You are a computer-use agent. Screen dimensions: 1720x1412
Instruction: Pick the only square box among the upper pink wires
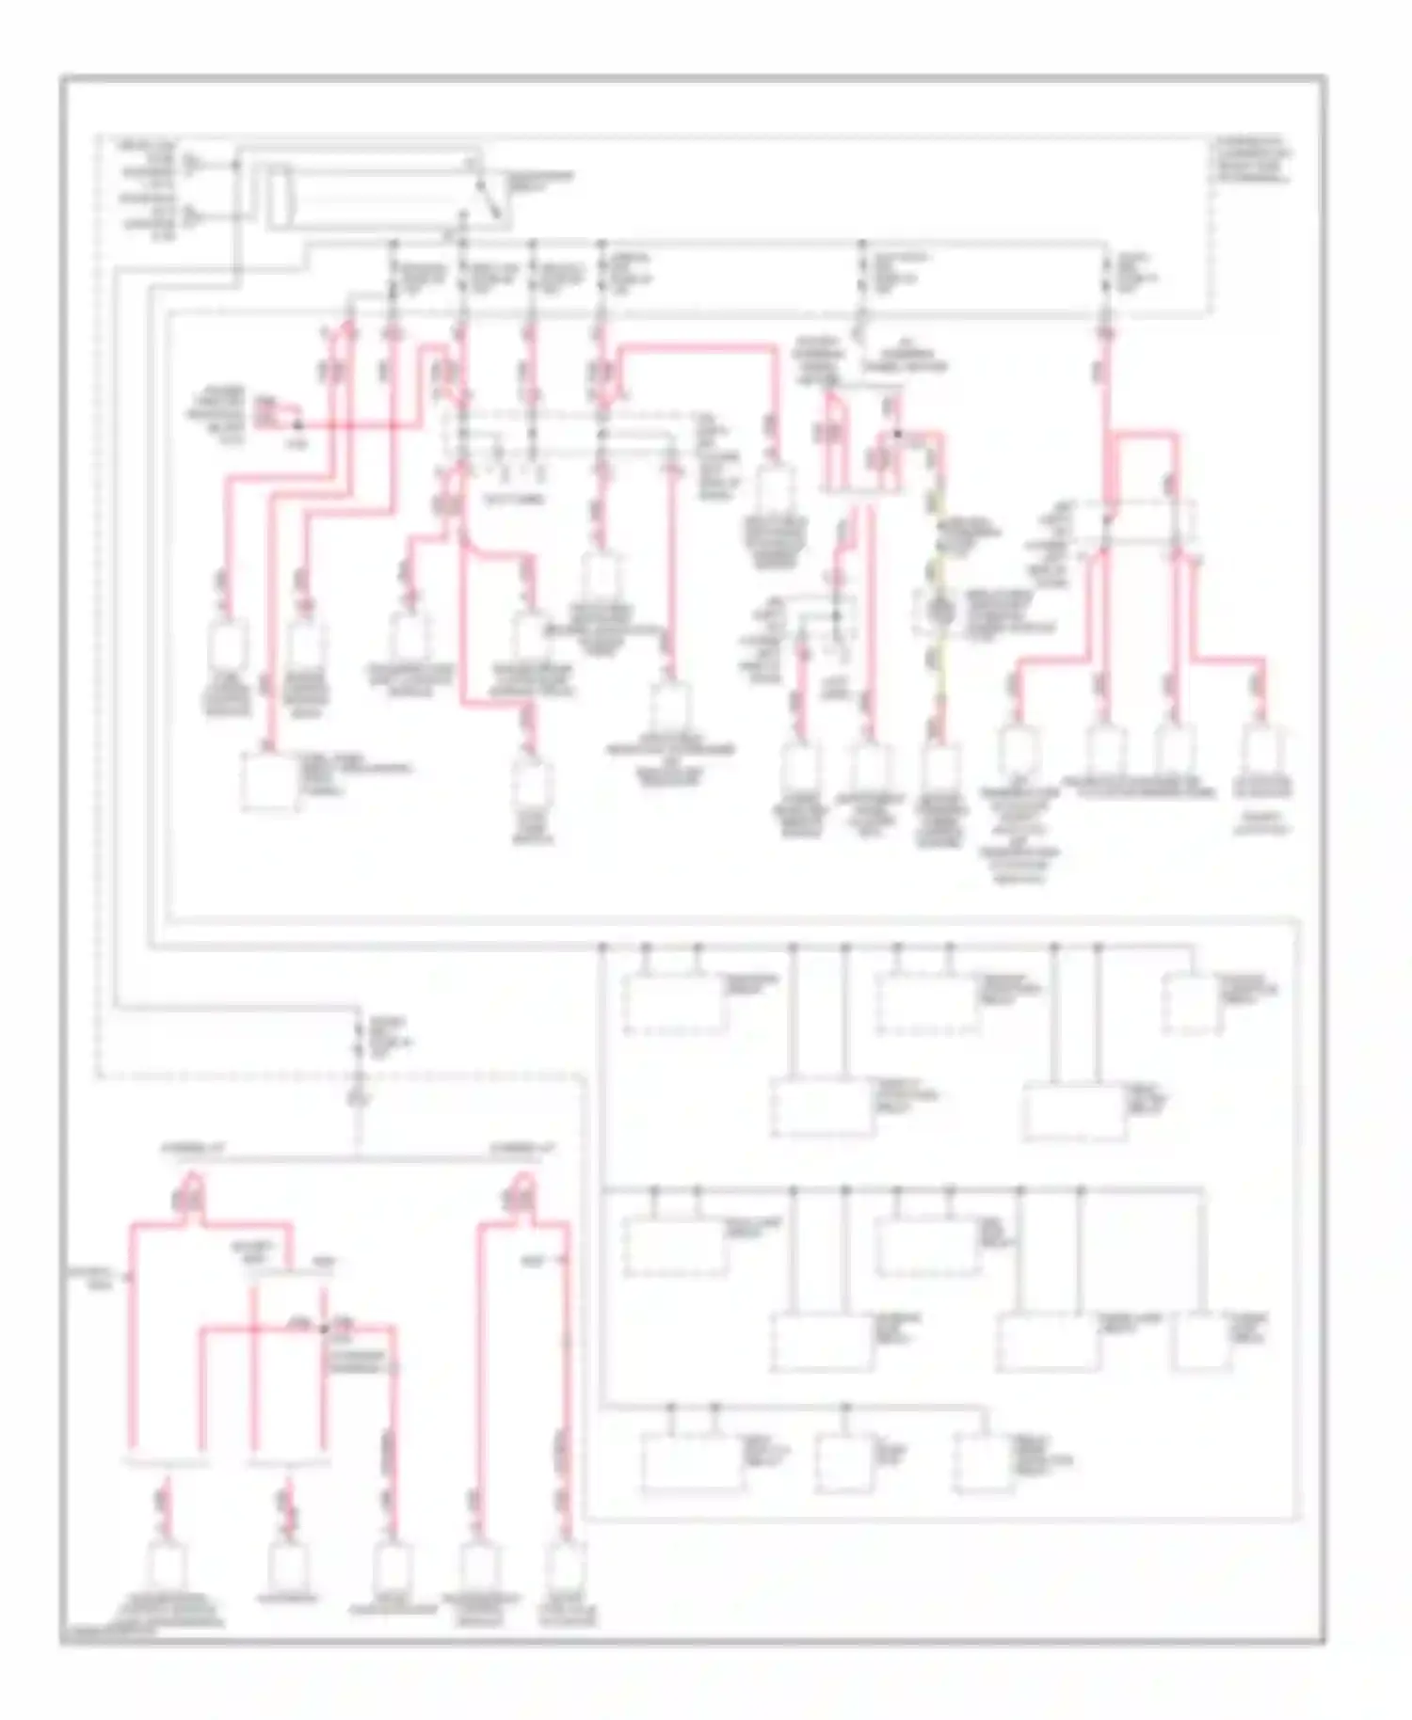click(268, 781)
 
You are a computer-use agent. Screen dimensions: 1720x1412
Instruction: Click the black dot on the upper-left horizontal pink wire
click(299, 425)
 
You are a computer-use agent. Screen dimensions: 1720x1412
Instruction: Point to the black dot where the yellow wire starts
click(898, 435)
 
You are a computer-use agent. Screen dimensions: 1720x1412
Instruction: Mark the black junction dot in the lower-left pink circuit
click(324, 1329)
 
